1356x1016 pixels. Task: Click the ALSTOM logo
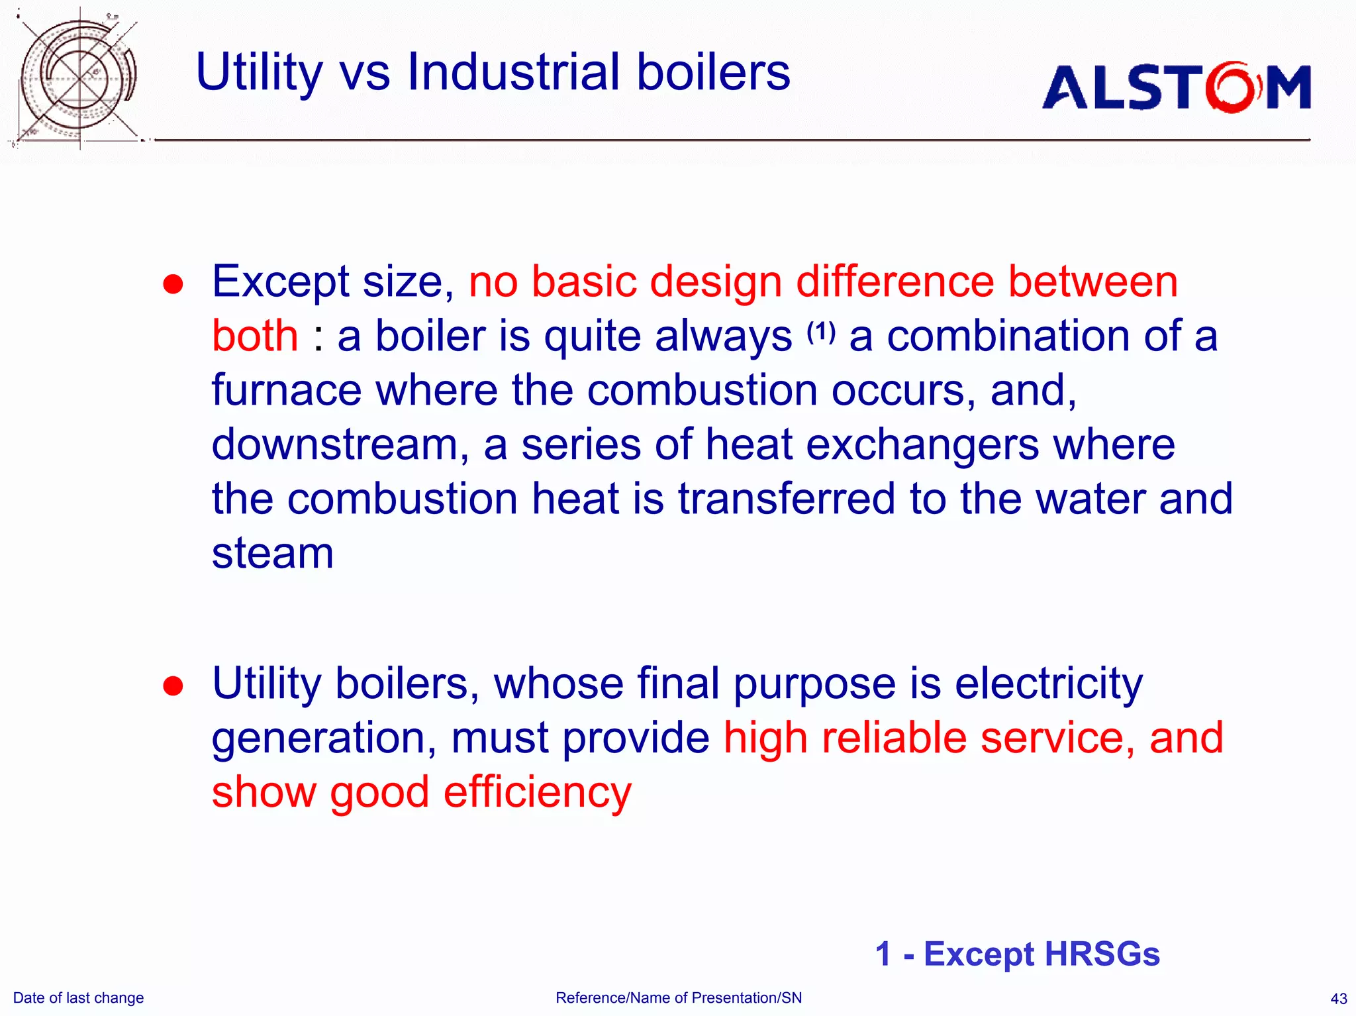tap(1177, 87)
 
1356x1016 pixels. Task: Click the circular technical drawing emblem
tap(78, 78)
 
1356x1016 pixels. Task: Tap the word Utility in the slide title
tap(259, 73)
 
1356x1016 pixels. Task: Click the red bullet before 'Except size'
tap(173, 284)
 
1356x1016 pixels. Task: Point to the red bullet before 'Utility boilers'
tap(173, 686)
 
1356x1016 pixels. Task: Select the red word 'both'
tap(255, 336)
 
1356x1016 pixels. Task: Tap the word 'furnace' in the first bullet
tap(286, 390)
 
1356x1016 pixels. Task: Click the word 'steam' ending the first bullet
tap(272, 553)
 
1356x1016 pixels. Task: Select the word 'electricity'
tap(1049, 684)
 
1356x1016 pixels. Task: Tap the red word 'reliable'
tap(895, 738)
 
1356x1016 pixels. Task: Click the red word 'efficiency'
tap(538, 793)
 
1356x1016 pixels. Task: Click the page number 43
tap(1338, 999)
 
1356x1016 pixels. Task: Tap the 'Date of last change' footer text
tap(78, 998)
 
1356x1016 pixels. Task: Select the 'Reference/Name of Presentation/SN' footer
tap(679, 998)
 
